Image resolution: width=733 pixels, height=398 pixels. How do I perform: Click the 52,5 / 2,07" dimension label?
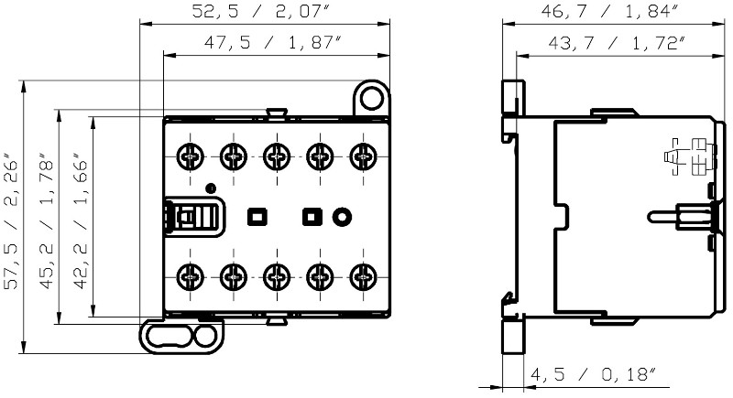pyautogui.click(x=261, y=11)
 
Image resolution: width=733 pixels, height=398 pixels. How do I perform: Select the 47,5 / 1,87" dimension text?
pyautogui.click(x=271, y=42)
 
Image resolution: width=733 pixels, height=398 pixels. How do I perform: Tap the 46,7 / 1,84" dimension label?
pyautogui.click(x=609, y=11)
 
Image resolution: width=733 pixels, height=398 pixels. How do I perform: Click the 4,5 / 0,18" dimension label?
pyautogui.click(x=593, y=373)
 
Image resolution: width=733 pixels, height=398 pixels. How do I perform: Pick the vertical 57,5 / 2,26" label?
pyautogui.click(x=11, y=221)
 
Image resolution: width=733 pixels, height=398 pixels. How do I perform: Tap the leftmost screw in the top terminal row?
pyautogui.click(x=191, y=156)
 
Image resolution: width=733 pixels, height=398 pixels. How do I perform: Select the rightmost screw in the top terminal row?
pyautogui.click(x=363, y=156)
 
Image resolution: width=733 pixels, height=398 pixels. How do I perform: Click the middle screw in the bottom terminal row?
pyautogui.click(x=277, y=276)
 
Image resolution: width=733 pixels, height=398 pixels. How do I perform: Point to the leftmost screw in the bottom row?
pyautogui.click(x=191, y=276)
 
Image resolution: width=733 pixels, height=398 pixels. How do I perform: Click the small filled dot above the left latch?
pyautogui.click(x=211, y=188)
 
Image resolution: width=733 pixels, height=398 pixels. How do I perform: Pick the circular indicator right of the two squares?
pyautogui.click(x=342, y=217)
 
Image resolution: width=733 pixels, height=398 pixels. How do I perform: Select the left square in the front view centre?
pyautogui.click(x=257, y=217)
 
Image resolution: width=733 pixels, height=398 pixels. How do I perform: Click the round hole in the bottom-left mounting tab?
pyautogui.click(x=204, y=337)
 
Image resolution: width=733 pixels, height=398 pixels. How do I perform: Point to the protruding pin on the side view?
pyautogui.click(x=662, y=217)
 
